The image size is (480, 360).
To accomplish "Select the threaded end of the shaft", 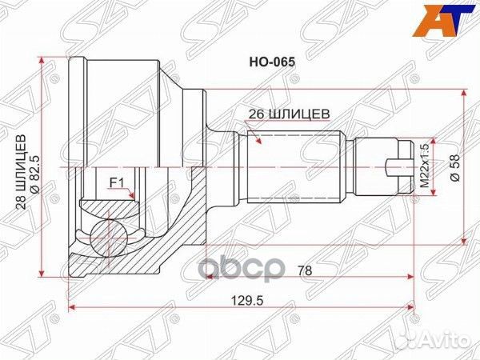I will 376,167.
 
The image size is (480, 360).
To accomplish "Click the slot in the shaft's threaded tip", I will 397,167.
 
